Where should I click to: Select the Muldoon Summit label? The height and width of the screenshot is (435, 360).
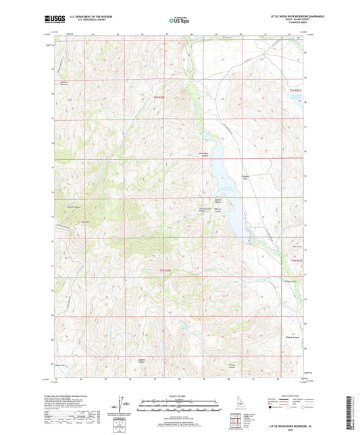[x=66, y=84]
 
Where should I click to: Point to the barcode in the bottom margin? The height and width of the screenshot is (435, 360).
[x=352, y=405]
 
